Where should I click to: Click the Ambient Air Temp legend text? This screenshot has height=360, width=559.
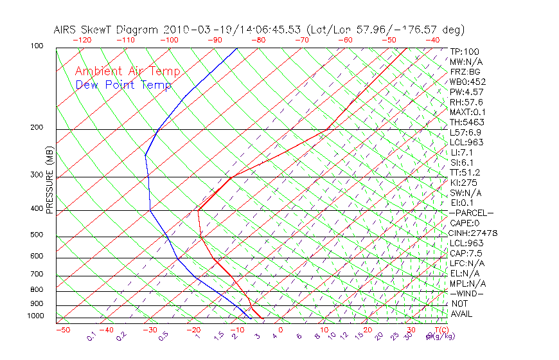pos(127,71)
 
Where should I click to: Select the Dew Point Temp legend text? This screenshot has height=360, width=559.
pos(123,85)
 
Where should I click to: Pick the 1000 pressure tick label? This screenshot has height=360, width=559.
pos(36,316)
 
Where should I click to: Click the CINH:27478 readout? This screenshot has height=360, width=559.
pos(474,233)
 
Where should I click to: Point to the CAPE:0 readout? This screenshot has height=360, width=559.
pos(465,222)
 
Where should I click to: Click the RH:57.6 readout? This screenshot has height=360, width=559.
pos(466,102)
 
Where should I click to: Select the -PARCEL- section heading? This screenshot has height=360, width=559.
pos(472,213)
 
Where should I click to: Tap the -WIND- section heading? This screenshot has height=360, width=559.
pos(467,293)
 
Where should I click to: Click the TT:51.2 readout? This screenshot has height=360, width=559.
pos(465,172)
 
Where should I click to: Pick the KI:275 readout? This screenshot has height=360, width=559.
pos(463,183)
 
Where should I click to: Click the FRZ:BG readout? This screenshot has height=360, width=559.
pos(465,72)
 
